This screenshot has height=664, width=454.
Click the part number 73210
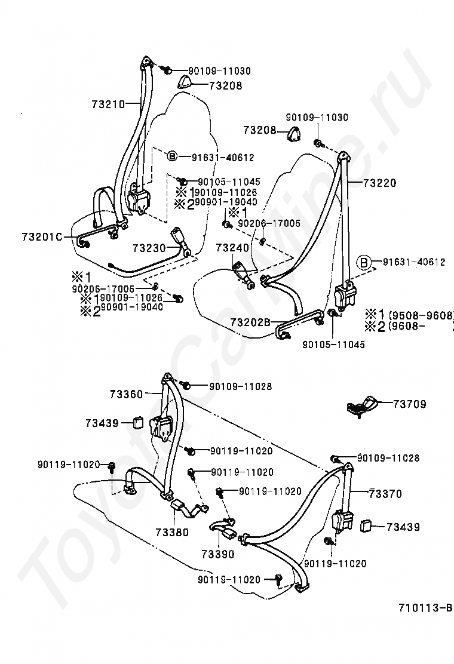click(108, 103)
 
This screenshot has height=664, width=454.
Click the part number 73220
click(379, 183)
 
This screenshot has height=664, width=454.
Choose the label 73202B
click(251, 322)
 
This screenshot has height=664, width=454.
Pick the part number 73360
click(126, 394)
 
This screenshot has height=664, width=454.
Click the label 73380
click(172, 532)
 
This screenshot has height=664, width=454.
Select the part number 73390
click(217, 554)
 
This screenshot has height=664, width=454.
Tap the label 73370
click(385, 494)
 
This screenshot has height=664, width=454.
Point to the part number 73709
click(409, 404)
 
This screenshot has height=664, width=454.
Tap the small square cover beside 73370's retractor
click(366, 525)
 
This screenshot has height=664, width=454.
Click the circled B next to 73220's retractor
click(364, 262)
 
